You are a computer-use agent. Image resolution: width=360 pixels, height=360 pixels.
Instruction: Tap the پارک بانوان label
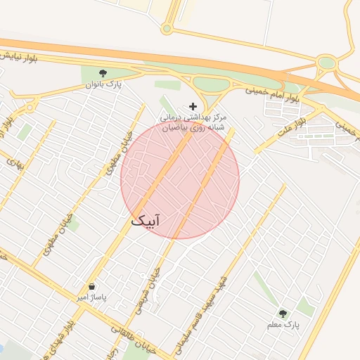pos(104,84)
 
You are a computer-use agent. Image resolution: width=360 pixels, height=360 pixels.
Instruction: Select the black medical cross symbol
pos(193,106)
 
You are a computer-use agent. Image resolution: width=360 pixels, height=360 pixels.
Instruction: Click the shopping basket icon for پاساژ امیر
pos(93,286)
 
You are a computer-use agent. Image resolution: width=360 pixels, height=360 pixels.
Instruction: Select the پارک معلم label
pos(283,326)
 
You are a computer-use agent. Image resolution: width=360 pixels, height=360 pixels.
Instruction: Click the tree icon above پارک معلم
pos(283,314)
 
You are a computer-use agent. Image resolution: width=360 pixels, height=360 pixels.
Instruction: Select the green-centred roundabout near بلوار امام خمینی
pos(326,63)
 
